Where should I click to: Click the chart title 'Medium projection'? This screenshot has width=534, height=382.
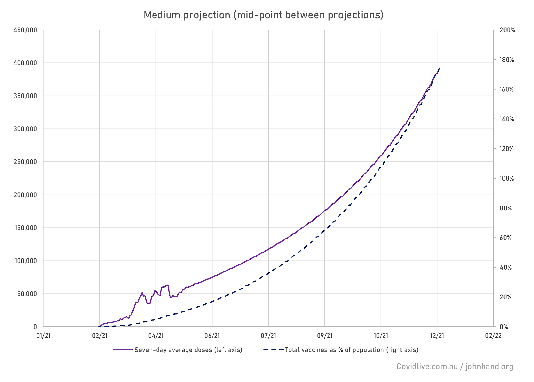pyautogui.click(x=263, y=15)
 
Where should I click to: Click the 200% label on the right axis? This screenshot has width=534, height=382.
pyautogui.click(x=507, y=30)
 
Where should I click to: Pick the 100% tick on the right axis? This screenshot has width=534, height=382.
pyautogui.click(x=507, y=179)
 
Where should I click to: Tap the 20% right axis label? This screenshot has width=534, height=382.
pyautogui.click(x=506, y=297)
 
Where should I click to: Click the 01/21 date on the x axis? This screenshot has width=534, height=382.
pyautogui.click(x=43, y=336)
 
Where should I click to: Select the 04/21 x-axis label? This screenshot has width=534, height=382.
pyautogui.click(x=156, y=336)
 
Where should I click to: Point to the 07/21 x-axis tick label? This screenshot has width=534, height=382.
pyautogui.click(x=269, y=336)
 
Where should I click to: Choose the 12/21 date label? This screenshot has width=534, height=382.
pyautogui.click(x=437, y=336)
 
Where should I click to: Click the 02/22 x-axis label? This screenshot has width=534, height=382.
pyautogui.click(x=493, y=336)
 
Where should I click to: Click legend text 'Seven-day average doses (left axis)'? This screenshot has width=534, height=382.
pyautogui.click(x=188, y=350)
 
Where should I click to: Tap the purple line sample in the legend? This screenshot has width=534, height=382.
pyautogui.click(x=123, y=350)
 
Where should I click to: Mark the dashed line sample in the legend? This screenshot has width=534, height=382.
pyautogui.click(x=274, y=350)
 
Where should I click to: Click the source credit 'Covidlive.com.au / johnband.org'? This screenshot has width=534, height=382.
pyautogui.click(x=455, y=367)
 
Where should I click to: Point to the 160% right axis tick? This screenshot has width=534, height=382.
pyautogui.click(x=507, y=90)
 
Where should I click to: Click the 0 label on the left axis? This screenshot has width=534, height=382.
pyautogui.click(x=35, y=327)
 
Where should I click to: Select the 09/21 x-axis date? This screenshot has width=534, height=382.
pyautogui.click(x=325, y=336)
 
